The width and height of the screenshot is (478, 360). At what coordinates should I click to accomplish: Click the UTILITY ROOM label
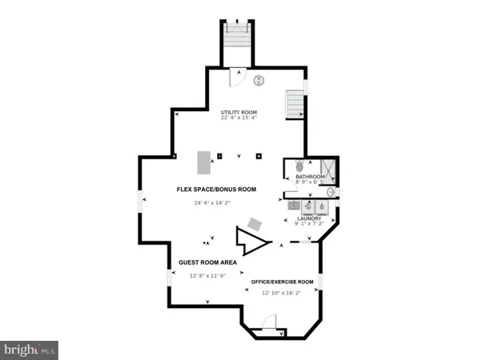point(239,112)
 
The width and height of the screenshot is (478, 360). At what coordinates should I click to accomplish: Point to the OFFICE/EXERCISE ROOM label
point(282,282)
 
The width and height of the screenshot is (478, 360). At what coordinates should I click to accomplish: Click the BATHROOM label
point(309,176)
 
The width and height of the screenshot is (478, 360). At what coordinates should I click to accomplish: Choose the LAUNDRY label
point(309,218)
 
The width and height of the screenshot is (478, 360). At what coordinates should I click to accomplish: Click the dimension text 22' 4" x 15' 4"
point(239,118)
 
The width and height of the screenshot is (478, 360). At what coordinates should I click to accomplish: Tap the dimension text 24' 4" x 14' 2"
point(211,203)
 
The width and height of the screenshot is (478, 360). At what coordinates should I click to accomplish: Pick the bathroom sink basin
point(331,193)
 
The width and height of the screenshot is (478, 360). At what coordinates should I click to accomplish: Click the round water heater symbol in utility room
point(259,80)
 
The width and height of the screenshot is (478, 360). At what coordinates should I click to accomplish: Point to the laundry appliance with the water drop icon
point(321,205)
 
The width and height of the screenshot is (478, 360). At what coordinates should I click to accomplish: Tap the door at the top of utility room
point(238,77)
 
